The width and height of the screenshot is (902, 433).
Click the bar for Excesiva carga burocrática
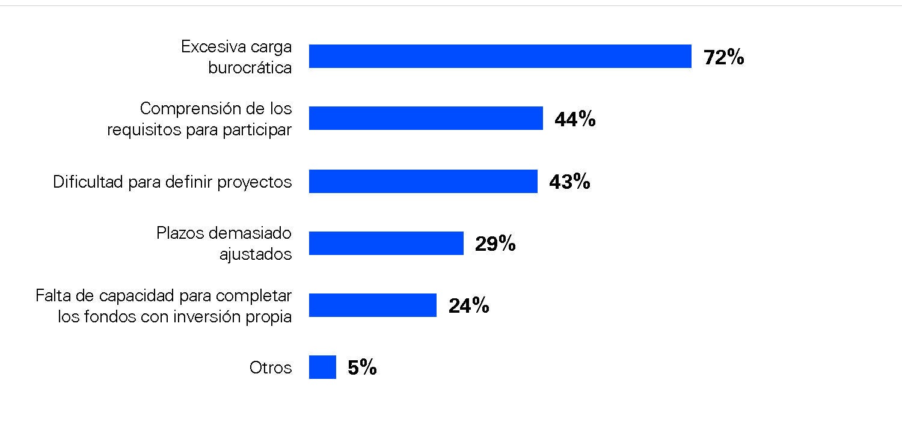[500, 56]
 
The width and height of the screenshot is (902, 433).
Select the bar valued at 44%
[426, 118]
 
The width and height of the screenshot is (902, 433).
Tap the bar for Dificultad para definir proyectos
[423, 181]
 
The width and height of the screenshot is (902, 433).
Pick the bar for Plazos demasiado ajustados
[386, 243]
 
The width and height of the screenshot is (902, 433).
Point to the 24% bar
[372, 305]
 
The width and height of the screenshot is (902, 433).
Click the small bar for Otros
[322, 367]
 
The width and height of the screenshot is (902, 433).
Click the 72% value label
[723, 57]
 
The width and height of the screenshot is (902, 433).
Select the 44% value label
[575, 119]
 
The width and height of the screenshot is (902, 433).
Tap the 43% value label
[569, 182]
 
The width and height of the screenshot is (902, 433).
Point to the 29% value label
[495, 244]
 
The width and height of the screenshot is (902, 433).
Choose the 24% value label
[468, 306]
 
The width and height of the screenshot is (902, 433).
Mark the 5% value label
[362, 367]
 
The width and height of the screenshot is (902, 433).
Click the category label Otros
[271, 367]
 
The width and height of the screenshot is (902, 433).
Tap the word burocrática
[250, 67]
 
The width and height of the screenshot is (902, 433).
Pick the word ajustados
[256, 254]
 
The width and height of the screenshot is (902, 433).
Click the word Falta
[54, 295]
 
